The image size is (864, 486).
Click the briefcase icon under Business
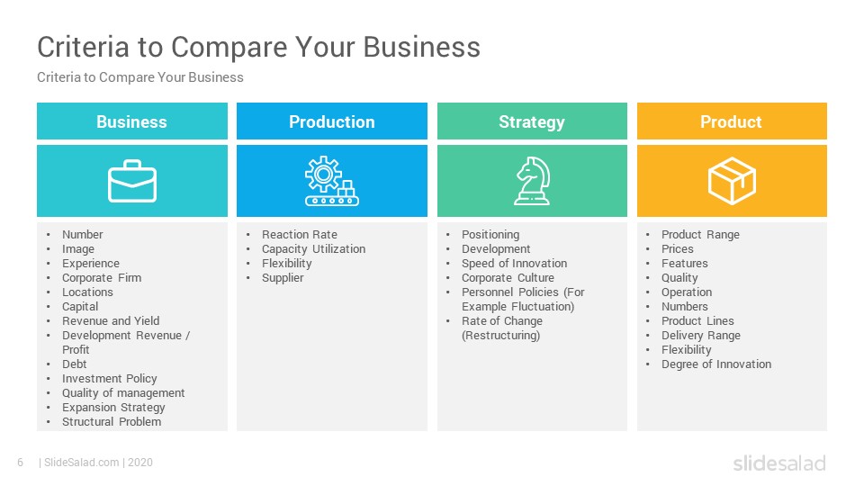click(132, 181)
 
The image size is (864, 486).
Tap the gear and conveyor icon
click(332, 181)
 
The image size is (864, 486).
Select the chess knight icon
click(532, 181)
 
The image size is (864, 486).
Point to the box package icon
click(732, 181)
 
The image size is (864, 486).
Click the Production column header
click(332, 121)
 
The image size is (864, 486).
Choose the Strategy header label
click(532, 121)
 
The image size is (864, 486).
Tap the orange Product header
click(732, 121)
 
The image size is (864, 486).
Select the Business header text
click(131, 121)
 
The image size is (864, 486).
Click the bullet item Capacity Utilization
click(313, 249)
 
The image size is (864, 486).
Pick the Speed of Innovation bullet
click(514, 264)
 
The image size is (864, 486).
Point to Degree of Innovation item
click(716, 364)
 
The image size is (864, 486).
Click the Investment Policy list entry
click(110, 379)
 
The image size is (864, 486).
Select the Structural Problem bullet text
click(112, 421)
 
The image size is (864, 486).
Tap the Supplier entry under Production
click(283, 278)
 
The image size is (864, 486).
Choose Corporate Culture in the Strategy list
click(508, 278)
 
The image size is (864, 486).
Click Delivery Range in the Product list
click(701, 336)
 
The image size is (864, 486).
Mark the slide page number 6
click(21, 463)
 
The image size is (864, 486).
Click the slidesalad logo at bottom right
click(779, 463)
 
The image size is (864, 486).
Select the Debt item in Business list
click(75, 364)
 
